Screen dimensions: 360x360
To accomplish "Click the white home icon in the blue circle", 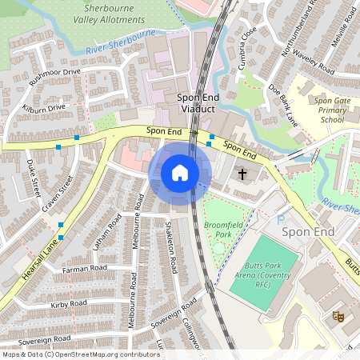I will point(180,173).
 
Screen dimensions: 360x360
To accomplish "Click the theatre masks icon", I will point(338,316).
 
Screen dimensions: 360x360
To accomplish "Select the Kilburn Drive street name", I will point(44,107).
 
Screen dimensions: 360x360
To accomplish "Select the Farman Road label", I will point(84,269).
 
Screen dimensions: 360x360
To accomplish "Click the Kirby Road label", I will point(68,304).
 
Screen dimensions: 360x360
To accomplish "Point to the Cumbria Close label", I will point(248,47).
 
